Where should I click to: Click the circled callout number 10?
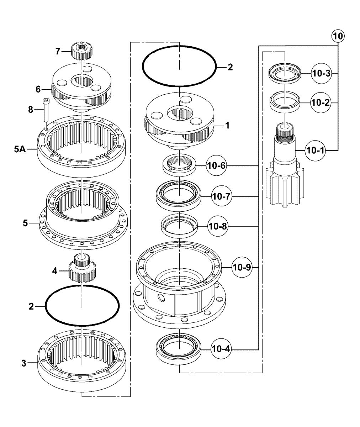tap(338, 36)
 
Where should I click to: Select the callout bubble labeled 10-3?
tap(322, 73)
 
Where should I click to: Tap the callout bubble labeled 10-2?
tap(321, 103)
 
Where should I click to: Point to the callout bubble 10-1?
tap(315, 151)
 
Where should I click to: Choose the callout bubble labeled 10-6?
tap(217, 165)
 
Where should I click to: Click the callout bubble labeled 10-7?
tap(222, 196)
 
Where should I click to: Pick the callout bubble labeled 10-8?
tap(218, 226)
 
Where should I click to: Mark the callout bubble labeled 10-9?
tap(242, 267)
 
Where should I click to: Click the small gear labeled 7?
tap(82, 51)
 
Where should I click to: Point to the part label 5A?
tap(20, 149)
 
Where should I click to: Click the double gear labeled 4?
tap(82, 268)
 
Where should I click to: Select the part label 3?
tap(24, 363)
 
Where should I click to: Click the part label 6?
tap(38, 89)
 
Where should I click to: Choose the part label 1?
tap(227, 126)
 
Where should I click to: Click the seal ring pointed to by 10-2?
tap(285, 102)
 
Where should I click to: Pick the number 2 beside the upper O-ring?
tap(230, 67)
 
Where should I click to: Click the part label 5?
tap(25, 223)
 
